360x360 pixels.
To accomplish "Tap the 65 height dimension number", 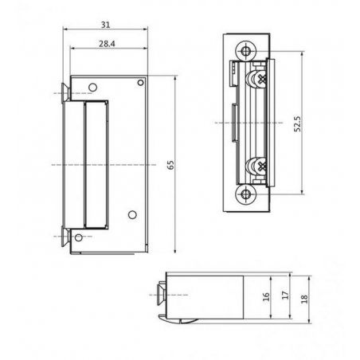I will (x=170, y=164).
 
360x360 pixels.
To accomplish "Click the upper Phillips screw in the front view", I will (x=258, y=80).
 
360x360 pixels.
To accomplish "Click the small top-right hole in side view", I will (x=141, y=82).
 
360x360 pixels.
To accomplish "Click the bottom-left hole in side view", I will (x=79, y=237).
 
